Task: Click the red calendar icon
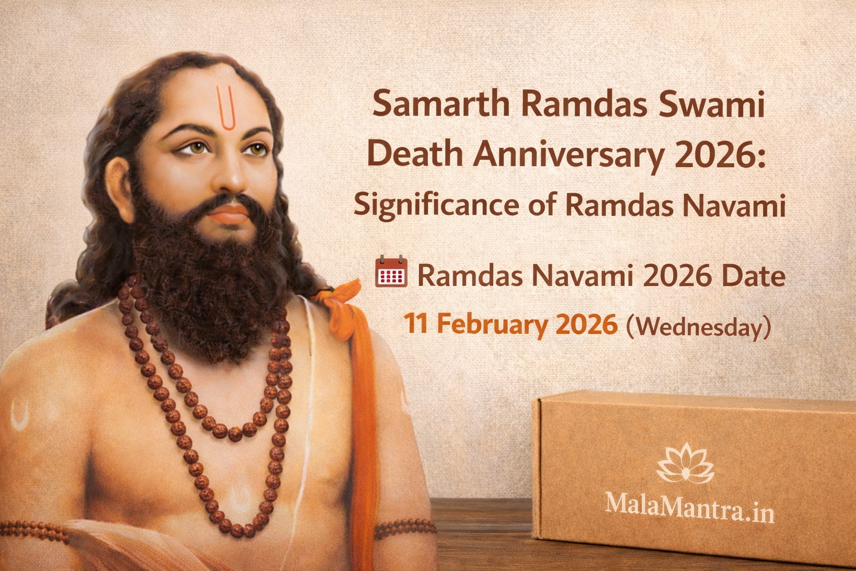tap(392, 272)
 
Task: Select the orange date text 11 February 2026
tap(510, 324)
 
